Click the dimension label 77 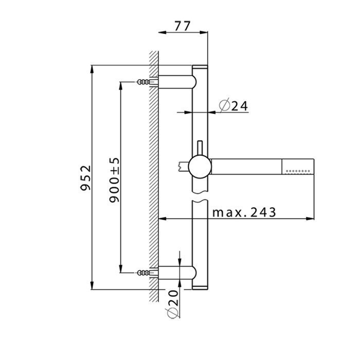pos(183,25)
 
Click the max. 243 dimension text pos(244,212)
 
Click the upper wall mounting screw pos(146,82)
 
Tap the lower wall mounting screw pos(146,272)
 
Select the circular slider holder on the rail pos(200,167)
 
